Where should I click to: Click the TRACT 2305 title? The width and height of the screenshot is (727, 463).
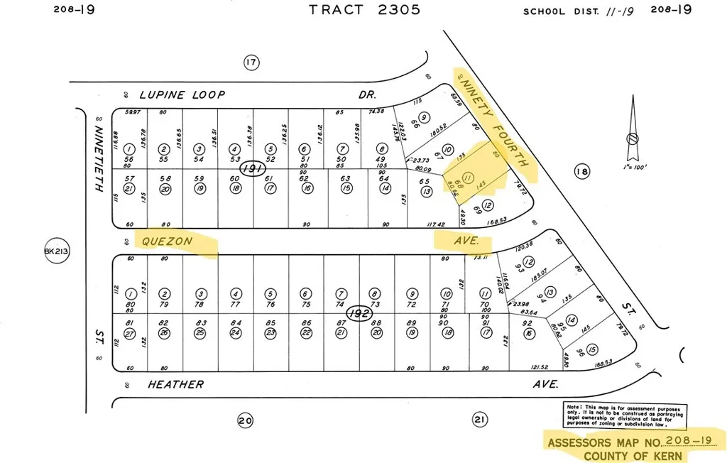tap(364, 9)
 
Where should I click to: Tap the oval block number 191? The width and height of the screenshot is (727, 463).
tap(253, 169)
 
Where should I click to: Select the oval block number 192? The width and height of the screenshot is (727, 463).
tap(359, 312)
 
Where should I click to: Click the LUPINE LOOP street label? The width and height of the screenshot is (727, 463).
tap(182, 94)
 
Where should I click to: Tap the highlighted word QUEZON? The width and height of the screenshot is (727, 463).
tap(167, 241)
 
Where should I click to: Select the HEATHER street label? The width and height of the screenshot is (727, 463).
tap(175, 384)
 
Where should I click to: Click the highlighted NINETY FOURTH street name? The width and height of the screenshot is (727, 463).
tap(493, 123)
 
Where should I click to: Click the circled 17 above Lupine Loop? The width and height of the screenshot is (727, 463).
tap(250, 62)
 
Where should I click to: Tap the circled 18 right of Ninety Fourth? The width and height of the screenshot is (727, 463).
tap(581, 171)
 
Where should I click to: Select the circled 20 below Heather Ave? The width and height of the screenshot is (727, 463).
tap(245, 421)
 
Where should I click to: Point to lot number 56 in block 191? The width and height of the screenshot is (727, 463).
tap(129, 160)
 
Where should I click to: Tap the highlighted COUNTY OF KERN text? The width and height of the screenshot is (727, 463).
tap(628, 455)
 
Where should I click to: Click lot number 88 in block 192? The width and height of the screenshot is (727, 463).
tap(377, 323)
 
